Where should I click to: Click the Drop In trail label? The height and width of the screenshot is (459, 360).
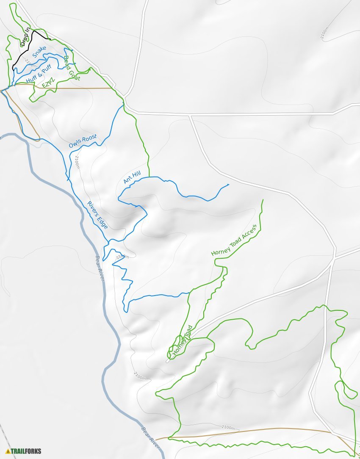[x=25, y=37]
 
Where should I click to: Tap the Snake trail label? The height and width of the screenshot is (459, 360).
[x=39, y=52]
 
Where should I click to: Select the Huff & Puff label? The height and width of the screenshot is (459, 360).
[x=39, y=73]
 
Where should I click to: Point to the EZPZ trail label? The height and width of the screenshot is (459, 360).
[x=48, y=82]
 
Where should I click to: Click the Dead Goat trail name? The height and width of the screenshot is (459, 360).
[x=72, y=68]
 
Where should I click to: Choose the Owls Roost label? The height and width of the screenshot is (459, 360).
[x=83, y=141]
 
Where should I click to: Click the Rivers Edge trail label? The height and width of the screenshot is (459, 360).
[x=97, y=215]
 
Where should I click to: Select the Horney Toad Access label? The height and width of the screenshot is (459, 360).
[x=234, y=240]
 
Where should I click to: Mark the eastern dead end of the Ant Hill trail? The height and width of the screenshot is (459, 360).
[x=228, y=185]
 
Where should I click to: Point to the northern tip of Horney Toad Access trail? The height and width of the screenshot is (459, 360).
[x=263, y=200]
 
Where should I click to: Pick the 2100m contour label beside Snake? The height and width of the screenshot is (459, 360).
[x=30, y=63]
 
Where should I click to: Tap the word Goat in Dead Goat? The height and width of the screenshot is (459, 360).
[x=75, y=73]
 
